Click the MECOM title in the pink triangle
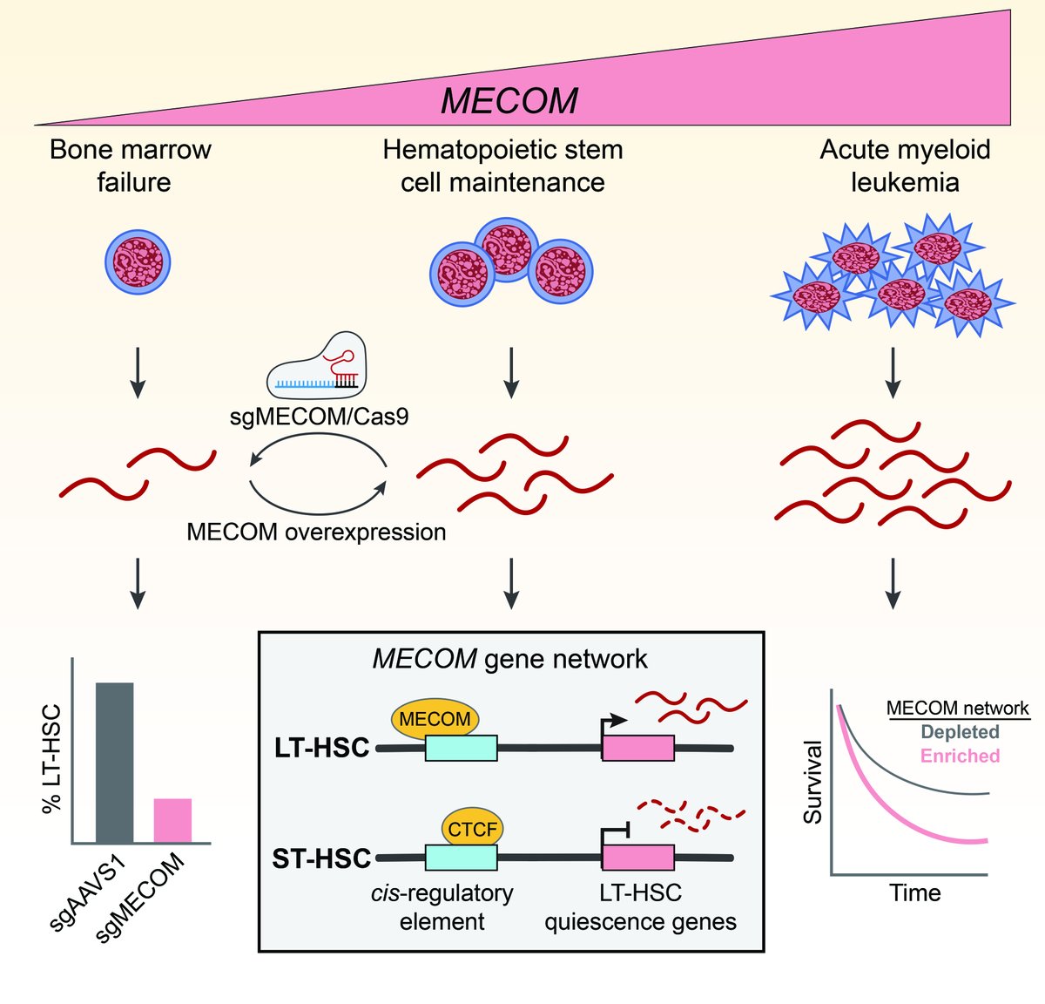[509, 101]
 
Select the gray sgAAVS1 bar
[114, 763]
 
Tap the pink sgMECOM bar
[172, 820]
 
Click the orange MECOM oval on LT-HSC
[435, 719]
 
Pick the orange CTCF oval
[472, 829]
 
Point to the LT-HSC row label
[321, 748]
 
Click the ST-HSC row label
[321, 858]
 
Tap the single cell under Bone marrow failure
[138, 261]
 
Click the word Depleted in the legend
[960, 732]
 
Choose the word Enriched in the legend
[960, 756]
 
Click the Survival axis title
[812, 782]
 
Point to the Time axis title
[914, 892]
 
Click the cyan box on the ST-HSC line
[461, 858]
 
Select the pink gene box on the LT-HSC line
[637, 748]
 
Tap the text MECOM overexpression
[316, 532]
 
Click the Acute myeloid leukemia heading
[905, 166]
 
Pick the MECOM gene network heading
[509, 659]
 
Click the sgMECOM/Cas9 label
[319, 416]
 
